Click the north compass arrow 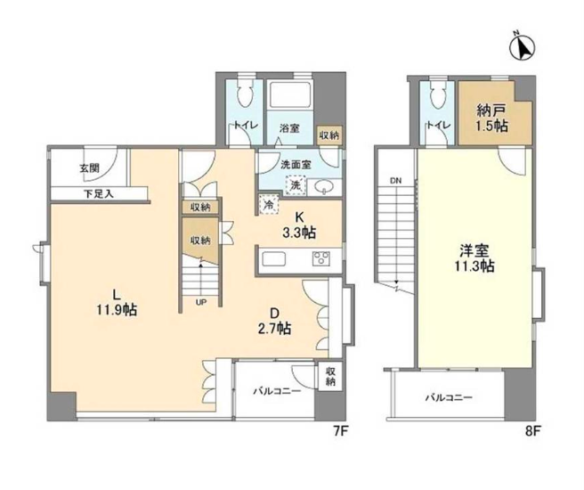[523, 46]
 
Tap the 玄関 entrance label [89, 168]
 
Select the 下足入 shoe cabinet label [98, 193]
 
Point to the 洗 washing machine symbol [296, 185]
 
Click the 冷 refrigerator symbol [269, 205]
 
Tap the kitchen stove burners [321, 258]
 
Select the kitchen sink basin [273, 258]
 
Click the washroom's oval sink [325, 187]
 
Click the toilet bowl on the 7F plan [246, 94]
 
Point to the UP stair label [201, 303]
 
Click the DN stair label [395, 182]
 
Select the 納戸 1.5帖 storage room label [491, 118]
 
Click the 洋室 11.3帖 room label [474, 257]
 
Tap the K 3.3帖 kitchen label [299, 225]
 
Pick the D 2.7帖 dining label [275, 321]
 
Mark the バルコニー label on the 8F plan [449, 397]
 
